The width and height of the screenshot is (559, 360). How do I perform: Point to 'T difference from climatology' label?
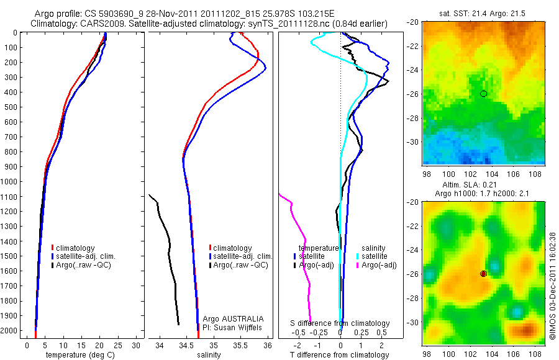coord(339,355)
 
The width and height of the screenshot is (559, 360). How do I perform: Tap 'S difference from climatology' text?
coord(340,323)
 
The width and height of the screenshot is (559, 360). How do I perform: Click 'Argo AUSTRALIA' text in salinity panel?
coord(229,318)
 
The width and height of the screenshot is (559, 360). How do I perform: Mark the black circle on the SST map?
coord(483,94)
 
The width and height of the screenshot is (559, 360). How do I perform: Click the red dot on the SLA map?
coord(483,274)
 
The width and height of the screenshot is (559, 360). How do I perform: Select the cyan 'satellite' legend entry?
coord(374,256)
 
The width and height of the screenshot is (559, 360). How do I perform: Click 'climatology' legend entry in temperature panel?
coord(78,248)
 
